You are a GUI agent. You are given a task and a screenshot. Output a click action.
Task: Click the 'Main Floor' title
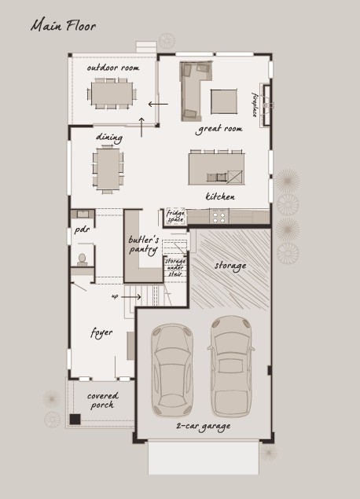[x=63, y=25]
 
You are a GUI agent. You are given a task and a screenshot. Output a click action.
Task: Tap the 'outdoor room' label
[x=113, y=68]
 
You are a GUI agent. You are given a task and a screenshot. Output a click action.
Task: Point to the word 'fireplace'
[x=255, y=105]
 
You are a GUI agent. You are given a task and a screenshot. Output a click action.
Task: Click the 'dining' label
[x=109, y=138]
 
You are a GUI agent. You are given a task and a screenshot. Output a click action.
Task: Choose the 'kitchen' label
[x=220, y=196]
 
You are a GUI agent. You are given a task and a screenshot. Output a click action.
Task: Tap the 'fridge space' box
[x=175, y=216]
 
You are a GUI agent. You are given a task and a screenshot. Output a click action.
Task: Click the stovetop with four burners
[x=219, y=216]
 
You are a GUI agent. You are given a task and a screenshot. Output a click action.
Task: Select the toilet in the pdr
[x=83, y=259]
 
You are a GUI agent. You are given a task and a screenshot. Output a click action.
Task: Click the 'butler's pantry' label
[x=143, y=244]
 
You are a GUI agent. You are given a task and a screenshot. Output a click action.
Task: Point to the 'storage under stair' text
[x=175, y=267]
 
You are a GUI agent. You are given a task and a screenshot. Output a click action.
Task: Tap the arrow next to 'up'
[x=130, y=297]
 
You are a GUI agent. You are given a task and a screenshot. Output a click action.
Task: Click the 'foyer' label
[x=101, y=333]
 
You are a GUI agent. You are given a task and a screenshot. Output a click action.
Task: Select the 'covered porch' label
[x=102, y=400]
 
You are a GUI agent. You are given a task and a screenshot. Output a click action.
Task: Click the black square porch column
[x=75, y=419]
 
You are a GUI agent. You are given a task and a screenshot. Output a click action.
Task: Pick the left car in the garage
[x=172, y=370]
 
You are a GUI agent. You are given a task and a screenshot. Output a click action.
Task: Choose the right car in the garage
[x=231, y=367]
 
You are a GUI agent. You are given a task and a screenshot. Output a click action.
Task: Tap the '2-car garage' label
[x=204, y=427]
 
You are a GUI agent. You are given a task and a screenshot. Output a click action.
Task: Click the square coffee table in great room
[x=224, y=101]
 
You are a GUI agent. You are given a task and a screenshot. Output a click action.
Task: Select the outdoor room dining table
[x=112, y=94]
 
